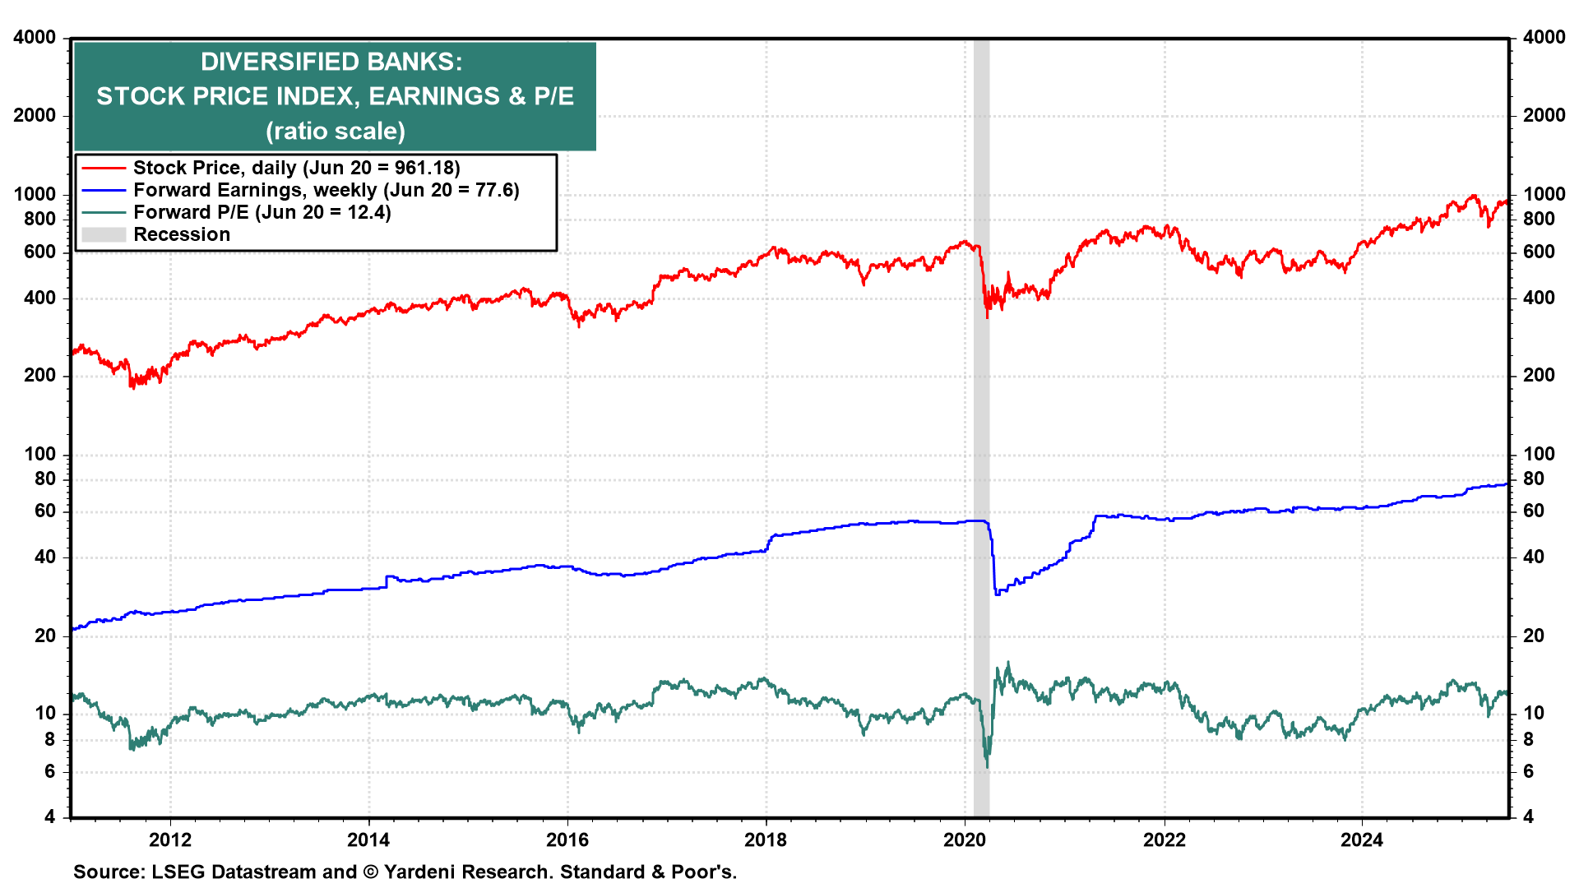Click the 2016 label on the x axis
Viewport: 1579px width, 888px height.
coord(567,839)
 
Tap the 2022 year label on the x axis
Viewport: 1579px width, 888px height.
coord(1165,839)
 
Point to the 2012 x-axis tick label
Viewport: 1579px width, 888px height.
coord(170,839)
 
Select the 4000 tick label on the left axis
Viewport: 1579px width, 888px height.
coord(35,38)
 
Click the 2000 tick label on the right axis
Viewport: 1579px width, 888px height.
coord(1544,116)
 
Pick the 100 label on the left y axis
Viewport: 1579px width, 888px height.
coord(40,454)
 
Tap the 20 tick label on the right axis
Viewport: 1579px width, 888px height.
coord(1534,636)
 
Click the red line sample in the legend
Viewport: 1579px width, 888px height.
coord(104,169)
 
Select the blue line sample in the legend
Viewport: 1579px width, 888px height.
coord(104,191)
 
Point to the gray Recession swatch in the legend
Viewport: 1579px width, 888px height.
coord(104,235)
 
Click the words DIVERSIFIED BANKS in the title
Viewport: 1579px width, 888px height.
coord(331,62)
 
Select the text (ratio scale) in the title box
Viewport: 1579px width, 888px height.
coord(335,132)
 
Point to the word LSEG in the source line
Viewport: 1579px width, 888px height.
coord(178,872)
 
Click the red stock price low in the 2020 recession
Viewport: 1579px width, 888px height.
coord(987,317)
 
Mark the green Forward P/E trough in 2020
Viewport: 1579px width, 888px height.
coord(987,766)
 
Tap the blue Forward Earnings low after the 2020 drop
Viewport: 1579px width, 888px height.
coord(997,594)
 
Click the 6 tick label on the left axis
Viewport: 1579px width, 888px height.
coord(50,771)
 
